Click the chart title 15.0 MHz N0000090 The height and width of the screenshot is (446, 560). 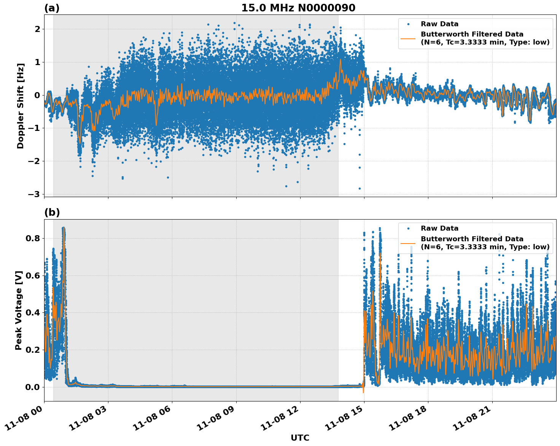(298, 8)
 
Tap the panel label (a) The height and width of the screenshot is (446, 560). (52, 8)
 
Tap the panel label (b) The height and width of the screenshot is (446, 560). (52, 213)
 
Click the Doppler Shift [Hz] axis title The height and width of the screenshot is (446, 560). (21, 106)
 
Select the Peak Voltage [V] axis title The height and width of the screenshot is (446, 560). (19, 310)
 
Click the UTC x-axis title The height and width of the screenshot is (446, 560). (300, 438)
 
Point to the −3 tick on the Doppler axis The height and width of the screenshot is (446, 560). (34, 194)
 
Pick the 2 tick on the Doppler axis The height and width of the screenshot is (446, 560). (38, 29)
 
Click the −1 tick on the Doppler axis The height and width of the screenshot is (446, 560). (34, 128)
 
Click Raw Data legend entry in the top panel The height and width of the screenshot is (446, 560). (439, 24)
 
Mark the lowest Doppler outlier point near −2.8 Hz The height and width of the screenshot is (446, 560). (360, 188)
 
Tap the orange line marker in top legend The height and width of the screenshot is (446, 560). (408, 38)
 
